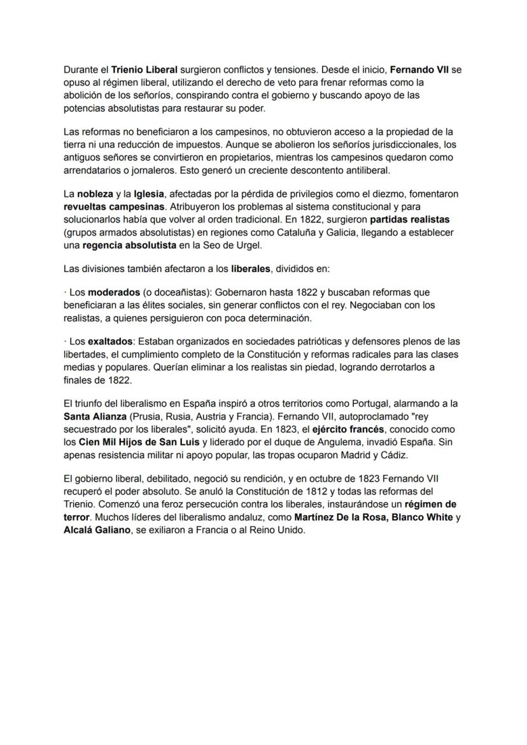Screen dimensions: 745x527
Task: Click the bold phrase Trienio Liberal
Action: (144, 69)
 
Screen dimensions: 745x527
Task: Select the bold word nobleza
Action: (95, 194)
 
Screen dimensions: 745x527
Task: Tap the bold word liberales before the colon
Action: (251, 268)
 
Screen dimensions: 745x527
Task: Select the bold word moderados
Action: (114, 293)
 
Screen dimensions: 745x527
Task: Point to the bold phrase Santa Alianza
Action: (95, 416)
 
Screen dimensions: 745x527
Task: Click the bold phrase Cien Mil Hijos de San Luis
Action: (139, 442)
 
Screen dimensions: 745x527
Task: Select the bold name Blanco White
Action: (423, 517)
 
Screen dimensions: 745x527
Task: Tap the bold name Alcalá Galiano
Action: (95, 530)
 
